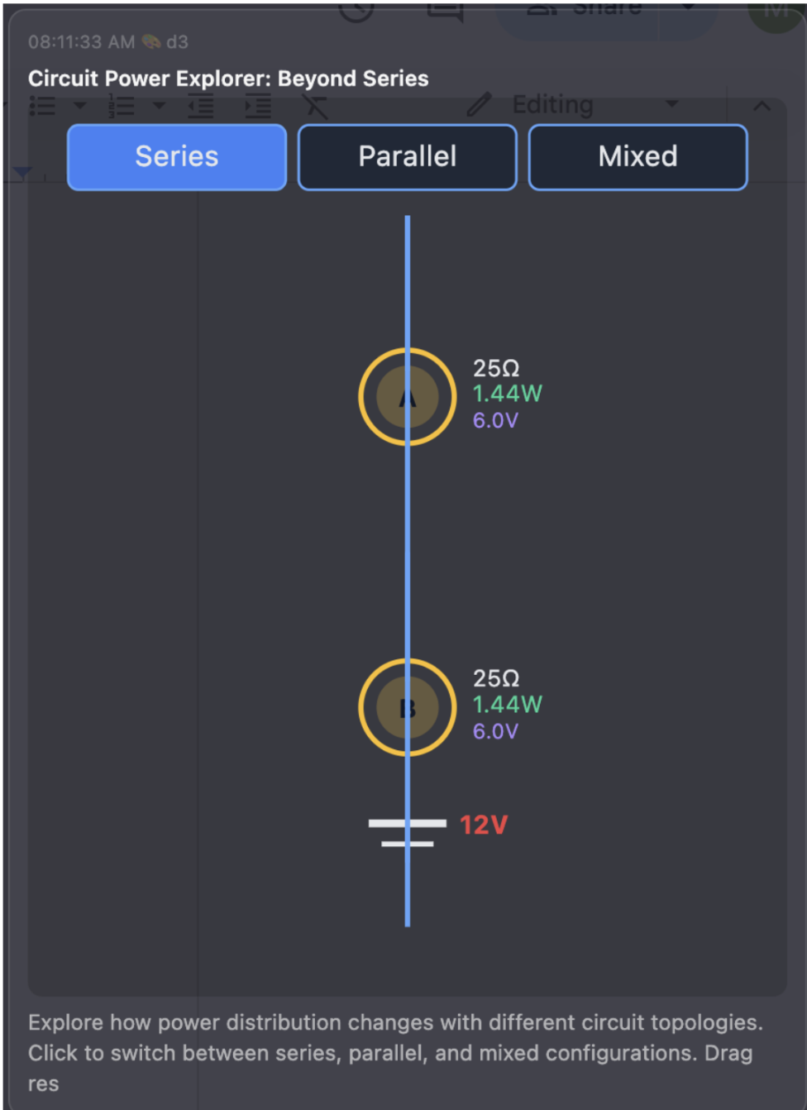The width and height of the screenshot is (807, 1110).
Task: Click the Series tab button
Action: click(177, 157)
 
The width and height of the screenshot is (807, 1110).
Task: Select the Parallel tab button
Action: click(408, 157)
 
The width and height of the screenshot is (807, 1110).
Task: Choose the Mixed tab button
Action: click(637, 157)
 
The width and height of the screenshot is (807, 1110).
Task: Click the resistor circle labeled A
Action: click(408, 397)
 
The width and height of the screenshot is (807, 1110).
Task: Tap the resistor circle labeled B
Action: click(408, 708)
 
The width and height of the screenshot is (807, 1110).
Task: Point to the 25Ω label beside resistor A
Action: click(496, 368)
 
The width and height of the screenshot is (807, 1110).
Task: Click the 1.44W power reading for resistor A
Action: click(507, 394)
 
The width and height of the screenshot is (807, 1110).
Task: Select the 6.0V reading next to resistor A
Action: click(495, 420)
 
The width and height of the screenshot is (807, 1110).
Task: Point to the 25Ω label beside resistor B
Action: click(496, 678)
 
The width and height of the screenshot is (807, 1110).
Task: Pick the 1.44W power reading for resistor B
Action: click(507, 705)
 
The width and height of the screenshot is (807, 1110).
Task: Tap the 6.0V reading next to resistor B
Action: click(495, 731)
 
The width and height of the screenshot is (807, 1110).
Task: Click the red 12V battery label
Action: click(483, 825)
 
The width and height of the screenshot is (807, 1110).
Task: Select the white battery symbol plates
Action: click(408, 832)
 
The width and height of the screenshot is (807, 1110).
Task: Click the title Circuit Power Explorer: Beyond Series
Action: click(228, 79)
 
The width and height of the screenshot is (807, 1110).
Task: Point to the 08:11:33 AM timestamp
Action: click(81, 42)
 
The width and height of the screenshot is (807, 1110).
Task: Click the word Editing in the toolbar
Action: click(552, 105)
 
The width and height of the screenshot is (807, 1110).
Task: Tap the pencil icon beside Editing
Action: click(479, 105)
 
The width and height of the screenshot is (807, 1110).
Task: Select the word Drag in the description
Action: click(728, 1054)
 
